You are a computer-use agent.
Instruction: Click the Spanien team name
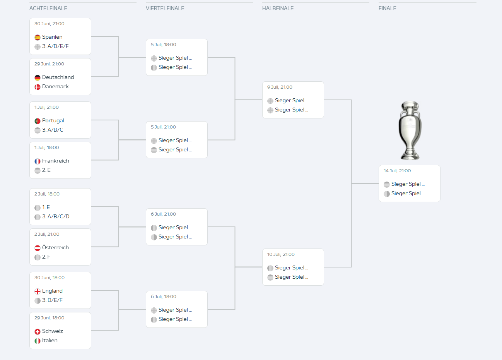(x=52, y=37)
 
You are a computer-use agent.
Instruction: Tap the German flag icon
(x=38, y=77)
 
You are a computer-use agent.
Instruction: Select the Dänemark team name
(x=55, y=87)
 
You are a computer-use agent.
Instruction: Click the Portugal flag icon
(x=38, y=121)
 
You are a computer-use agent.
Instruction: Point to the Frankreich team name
(x=56, y=161)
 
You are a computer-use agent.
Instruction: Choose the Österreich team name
(x=55, y=247)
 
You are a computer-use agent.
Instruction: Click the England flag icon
(x=38, y=291)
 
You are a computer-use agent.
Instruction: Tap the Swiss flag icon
(x=38, y=331)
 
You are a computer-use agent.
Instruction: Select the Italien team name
(x=50, y=341)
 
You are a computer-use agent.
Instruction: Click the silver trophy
(x=410, y=130)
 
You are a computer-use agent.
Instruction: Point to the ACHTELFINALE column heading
(x=48, y=8)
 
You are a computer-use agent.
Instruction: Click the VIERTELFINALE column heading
(x=165, y=8)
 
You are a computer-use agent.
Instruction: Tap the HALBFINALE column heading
(x=278, y=8)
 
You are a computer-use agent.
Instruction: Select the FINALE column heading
(x=387, y=8)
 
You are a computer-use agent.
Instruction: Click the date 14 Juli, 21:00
(x=397, y=171)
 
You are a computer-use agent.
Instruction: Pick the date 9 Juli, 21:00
(x=280, y=87)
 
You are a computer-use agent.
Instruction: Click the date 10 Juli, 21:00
(x=281, y=254)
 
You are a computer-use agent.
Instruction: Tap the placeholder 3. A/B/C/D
(x=56, y=216)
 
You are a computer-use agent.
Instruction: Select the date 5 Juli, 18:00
(x=163, y=45)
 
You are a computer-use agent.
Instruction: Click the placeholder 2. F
(x=46, y=257)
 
